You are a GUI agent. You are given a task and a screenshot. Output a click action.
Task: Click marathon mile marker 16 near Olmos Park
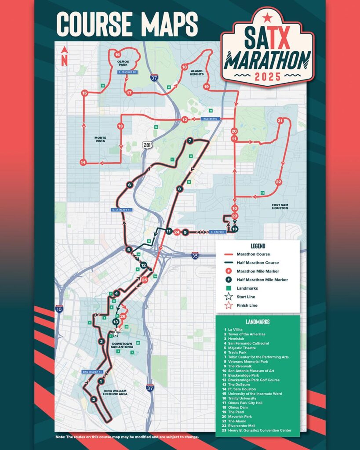(x=117, y=54)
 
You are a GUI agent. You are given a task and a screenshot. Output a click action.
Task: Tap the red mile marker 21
(x=280, y=120)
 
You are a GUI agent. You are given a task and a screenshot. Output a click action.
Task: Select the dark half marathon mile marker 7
(x=190, y=141)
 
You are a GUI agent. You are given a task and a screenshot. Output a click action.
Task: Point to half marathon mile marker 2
(x=93, y=399)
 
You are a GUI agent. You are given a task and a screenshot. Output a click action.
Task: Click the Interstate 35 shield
(x=195, y=255)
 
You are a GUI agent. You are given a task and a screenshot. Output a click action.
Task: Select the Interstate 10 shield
(x=59, y=309)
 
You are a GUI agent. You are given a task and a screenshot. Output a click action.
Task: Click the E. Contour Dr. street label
(x=128, y=72)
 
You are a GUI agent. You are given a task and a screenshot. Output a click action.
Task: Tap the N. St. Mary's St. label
(x=121, y=210)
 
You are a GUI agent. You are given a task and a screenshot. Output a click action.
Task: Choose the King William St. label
(x=92, y=372)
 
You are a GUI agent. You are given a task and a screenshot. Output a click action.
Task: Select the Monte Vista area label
(x=100, y=140)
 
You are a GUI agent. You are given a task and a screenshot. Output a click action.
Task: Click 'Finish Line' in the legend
(x=247, y=305)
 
